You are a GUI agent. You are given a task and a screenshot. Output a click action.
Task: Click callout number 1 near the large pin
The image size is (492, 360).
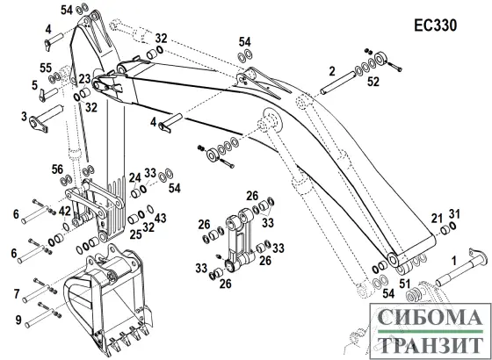[452, 260]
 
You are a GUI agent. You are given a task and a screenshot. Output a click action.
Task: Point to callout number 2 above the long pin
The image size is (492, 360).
[332, 69]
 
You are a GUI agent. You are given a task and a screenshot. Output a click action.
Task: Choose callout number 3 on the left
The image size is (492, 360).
[24, 114]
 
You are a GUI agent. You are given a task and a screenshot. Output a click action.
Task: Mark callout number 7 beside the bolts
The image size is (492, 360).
[16, 292]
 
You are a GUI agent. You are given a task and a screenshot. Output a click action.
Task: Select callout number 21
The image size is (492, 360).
[437, 218]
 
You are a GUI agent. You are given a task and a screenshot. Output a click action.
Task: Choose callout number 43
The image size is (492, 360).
[159, 217]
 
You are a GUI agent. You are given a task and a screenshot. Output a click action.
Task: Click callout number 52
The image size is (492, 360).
[373, 83]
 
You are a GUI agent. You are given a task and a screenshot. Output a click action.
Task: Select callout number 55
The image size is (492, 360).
[45, 68]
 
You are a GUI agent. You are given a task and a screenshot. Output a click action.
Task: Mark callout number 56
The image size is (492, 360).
[57, 170]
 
